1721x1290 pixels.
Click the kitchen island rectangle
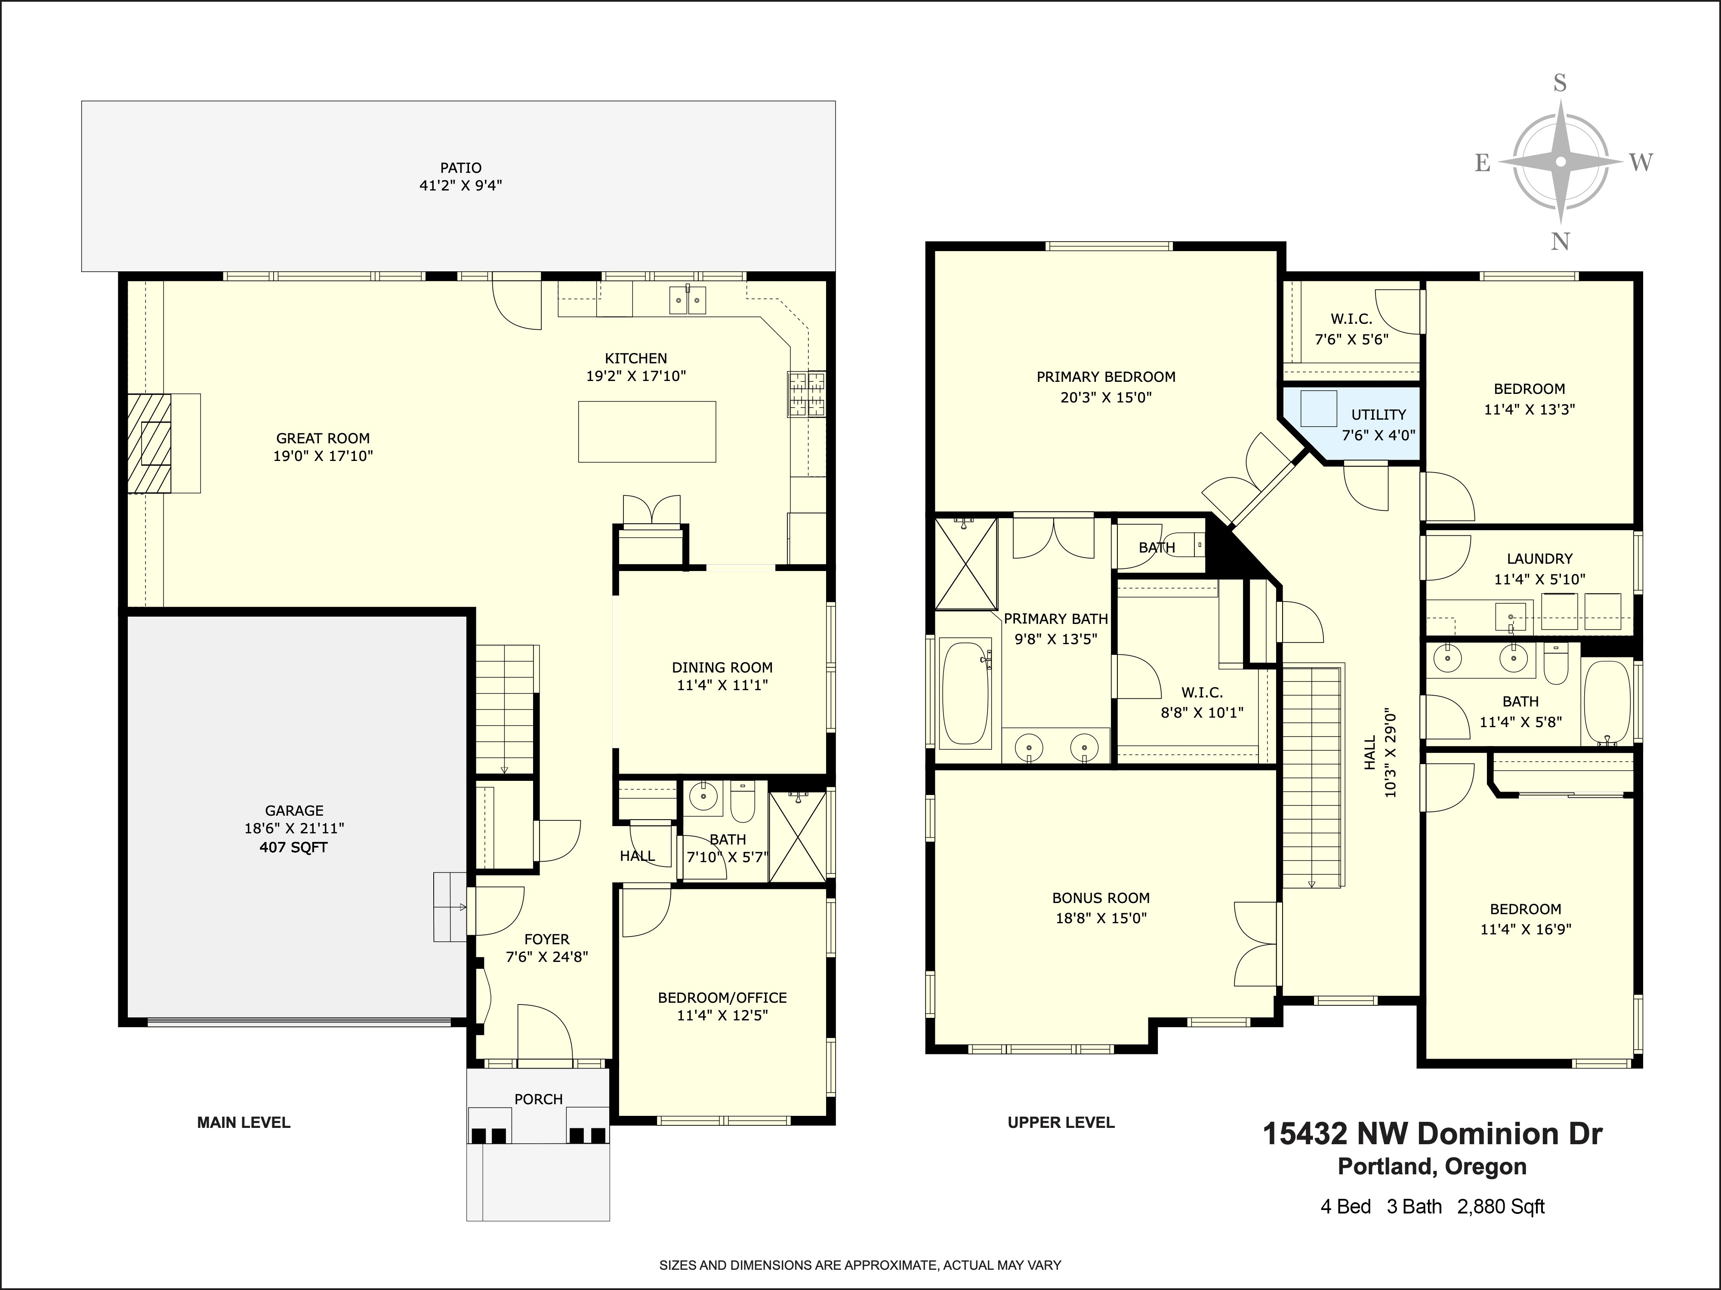[x=647, y=432]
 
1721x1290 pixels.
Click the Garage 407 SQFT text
[x=293, y=848]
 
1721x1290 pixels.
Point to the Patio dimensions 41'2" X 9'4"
[x=461, y=186]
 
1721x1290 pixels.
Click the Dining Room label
[x=722, y=667]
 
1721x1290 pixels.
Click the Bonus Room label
[x=1101, y=898]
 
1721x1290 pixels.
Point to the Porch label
[x=538, y=1099]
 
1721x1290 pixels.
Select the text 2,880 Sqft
[x=1501, y=1207]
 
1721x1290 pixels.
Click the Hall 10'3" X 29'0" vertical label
[x=1380, y=754]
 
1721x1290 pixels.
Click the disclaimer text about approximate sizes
[x=860, y=1265]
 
